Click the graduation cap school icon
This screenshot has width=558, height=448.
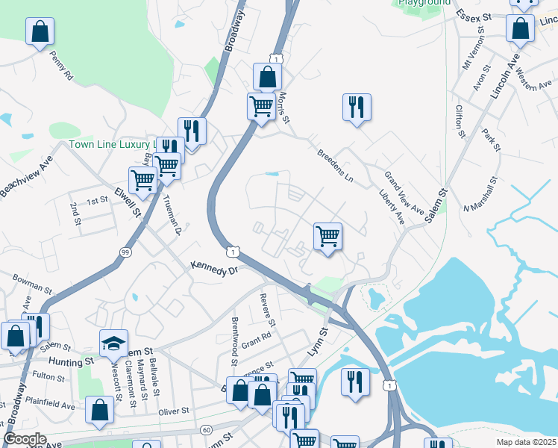tap(114, 343)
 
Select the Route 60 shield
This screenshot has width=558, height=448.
tap(207, 429)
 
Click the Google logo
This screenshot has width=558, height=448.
tap(25, 439)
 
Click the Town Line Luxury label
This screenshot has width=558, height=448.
tap(112, 144)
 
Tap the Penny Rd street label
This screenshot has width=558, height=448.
tap(61, 65)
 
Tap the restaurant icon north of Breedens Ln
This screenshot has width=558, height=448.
tap(357, 107)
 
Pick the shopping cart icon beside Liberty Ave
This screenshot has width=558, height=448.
tap(327, 237)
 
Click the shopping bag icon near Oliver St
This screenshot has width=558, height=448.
tap(99, 410)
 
